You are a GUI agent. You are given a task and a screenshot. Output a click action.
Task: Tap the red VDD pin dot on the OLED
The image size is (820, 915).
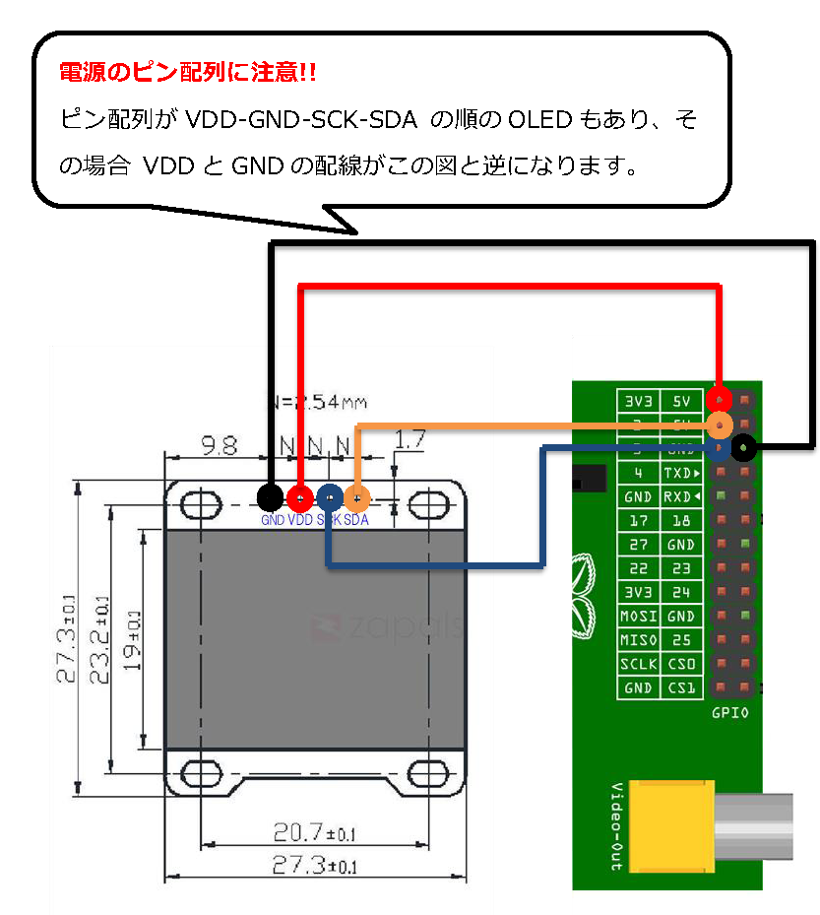300,497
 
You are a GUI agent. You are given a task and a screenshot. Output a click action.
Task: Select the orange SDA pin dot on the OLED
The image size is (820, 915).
356,497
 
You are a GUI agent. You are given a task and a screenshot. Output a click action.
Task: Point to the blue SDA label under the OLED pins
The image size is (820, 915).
356,520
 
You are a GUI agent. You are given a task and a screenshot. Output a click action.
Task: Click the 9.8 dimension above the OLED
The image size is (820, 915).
218,445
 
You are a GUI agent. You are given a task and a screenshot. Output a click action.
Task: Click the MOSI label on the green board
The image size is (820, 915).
638,617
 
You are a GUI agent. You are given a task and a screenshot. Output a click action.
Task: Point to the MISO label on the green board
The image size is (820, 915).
638,640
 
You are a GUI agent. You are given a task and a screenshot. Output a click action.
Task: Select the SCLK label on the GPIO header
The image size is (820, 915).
638,664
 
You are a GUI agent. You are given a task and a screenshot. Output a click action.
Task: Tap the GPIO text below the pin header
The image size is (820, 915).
729,711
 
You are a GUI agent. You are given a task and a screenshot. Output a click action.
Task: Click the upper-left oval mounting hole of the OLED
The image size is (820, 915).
201,504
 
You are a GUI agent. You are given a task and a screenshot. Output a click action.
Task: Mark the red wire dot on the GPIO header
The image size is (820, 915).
722,400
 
